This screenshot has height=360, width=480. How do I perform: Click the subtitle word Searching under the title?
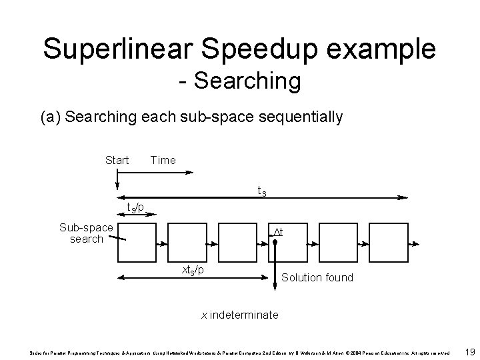coord(249,81)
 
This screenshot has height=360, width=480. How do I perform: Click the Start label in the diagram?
coord(117,160)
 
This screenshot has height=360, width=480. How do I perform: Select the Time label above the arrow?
coord(163,160)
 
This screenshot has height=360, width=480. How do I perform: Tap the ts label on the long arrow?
coord(263,191)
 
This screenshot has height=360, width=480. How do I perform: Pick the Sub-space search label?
coord(86,233)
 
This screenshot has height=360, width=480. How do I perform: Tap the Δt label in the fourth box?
coord(277,232)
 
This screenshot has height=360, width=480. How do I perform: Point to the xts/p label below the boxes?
coord(194,270)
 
